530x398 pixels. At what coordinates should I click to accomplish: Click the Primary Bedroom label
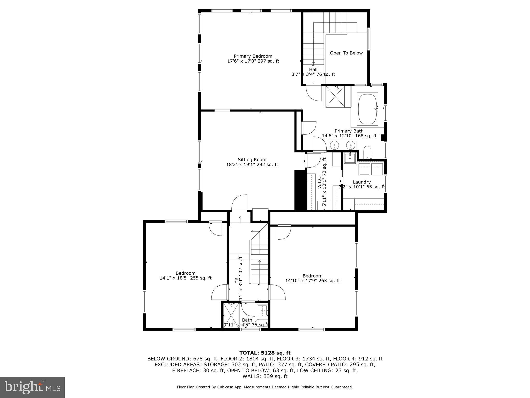(x=253, y=56)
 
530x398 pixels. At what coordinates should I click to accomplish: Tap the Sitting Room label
(x=252, y=160)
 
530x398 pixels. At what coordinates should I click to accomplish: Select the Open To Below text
(x=346, y=53)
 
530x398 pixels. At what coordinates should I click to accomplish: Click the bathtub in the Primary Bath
(x=367, y=109)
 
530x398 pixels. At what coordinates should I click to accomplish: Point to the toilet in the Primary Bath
(x=367, y=152)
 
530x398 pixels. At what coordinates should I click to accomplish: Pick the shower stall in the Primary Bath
(x=335, y=96)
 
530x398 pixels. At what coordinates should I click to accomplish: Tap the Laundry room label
(x=362, y=182)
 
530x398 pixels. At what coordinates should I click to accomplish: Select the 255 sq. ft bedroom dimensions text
(x=186, y=278)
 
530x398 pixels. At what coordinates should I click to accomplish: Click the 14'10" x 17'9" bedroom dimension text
(x=312, y=281)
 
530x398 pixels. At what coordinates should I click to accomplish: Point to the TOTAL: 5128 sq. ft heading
(x=265, y=353)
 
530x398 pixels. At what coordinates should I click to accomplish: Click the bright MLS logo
(x=32, y=387)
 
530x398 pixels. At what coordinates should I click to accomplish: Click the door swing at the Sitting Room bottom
(x=239, y=203)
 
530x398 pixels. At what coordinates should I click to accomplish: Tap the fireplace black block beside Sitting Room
(x=300, y=190)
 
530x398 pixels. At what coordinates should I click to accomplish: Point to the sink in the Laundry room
(x=350, y=158)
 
